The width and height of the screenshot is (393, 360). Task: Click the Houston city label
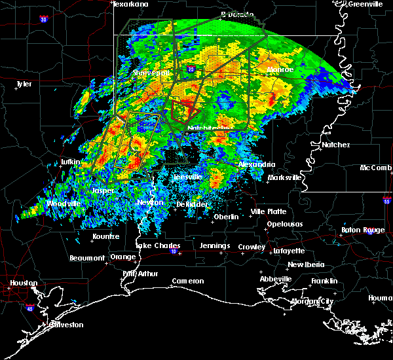(x=23, y=283)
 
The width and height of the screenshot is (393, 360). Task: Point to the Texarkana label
(x=130, y=4)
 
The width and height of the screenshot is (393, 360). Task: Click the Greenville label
(x=365, y=4)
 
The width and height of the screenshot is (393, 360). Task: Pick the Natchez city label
(x=335, y=145)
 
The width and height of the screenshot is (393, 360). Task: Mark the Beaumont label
(x=87, y=258)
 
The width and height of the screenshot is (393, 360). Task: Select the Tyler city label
(x=24, y=84)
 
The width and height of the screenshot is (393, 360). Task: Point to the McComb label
(x=376, y=168)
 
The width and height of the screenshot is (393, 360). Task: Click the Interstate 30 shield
(x=44, y=20)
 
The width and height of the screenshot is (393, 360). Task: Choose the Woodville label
(x=63, y=204)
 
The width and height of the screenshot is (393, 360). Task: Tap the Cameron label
(x=187, y=281)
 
